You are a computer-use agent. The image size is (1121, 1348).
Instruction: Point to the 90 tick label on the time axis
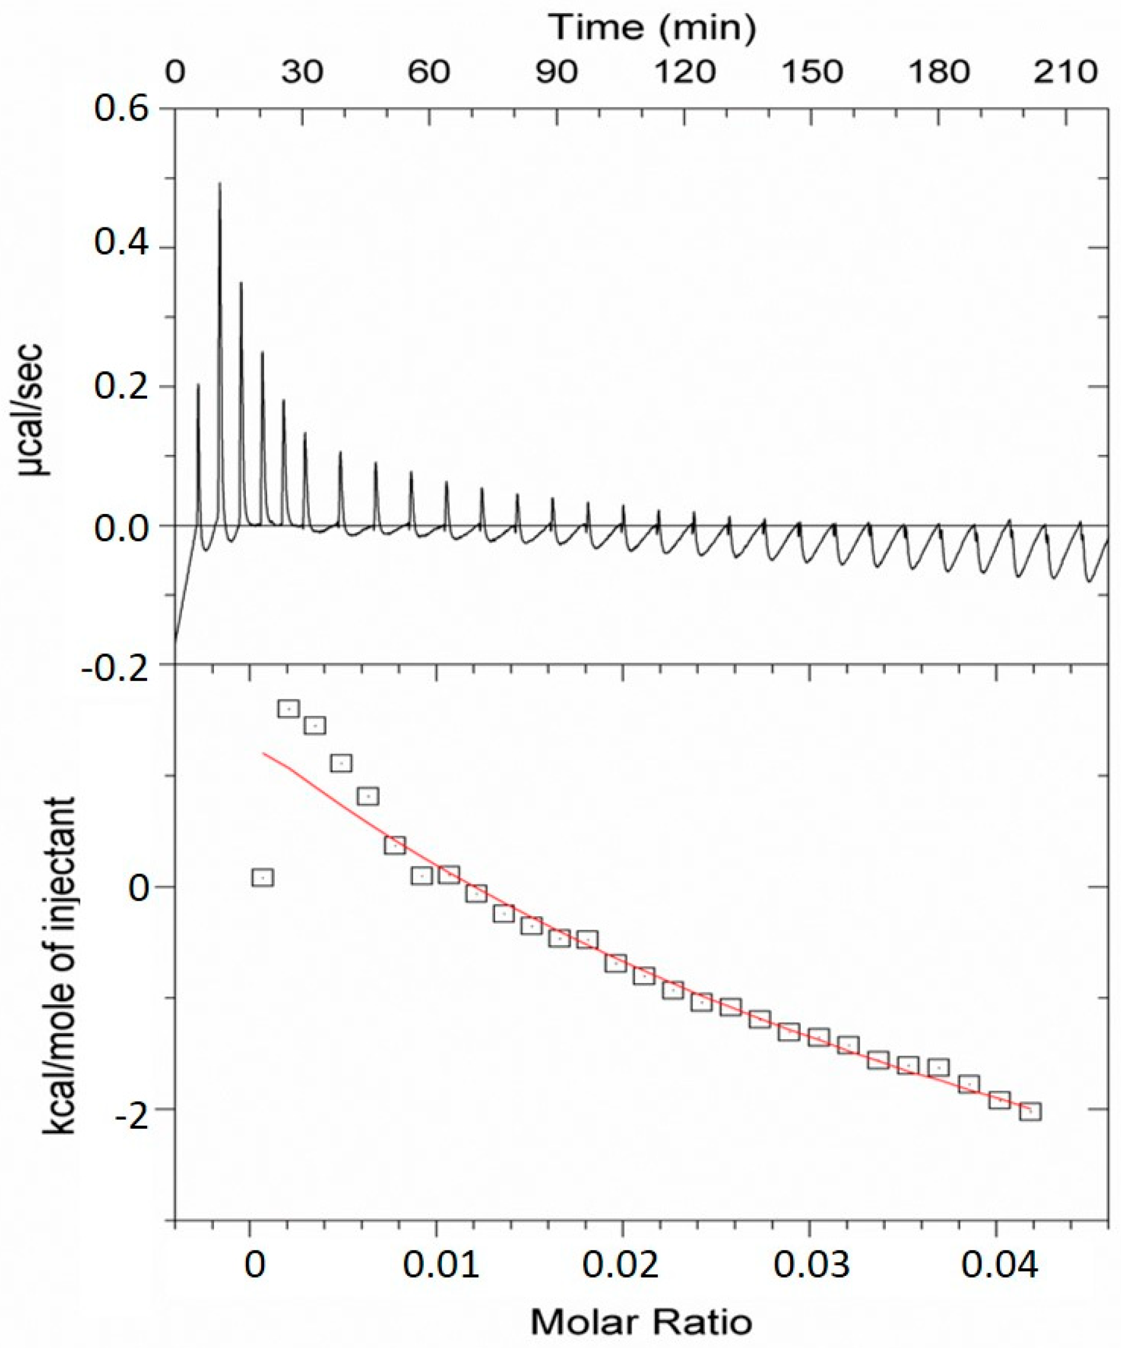pyautogui.click(x=557, y=72)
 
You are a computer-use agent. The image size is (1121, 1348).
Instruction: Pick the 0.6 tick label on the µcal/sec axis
pyautogui.click(x=121, y=109)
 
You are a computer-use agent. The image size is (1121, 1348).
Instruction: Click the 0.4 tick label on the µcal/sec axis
pyautogui.click(x=121, y=248)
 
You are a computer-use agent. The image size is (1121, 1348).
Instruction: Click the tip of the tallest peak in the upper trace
pyautogui.click(x=220, y=184)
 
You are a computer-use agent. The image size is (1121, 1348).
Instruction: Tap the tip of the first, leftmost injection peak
pyautogui.click(x=198, y=385)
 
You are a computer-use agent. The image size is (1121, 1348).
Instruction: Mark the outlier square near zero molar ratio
pyautogui.click(x=262, y=877)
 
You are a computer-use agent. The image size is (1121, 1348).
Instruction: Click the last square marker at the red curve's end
pyautogui.click(x=1030, y=1111)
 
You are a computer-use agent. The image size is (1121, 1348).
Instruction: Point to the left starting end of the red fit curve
pyautogui.click(x=262, y=753)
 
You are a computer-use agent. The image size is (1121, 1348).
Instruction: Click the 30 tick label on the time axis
pyautogui.click(x=302, y=72)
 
